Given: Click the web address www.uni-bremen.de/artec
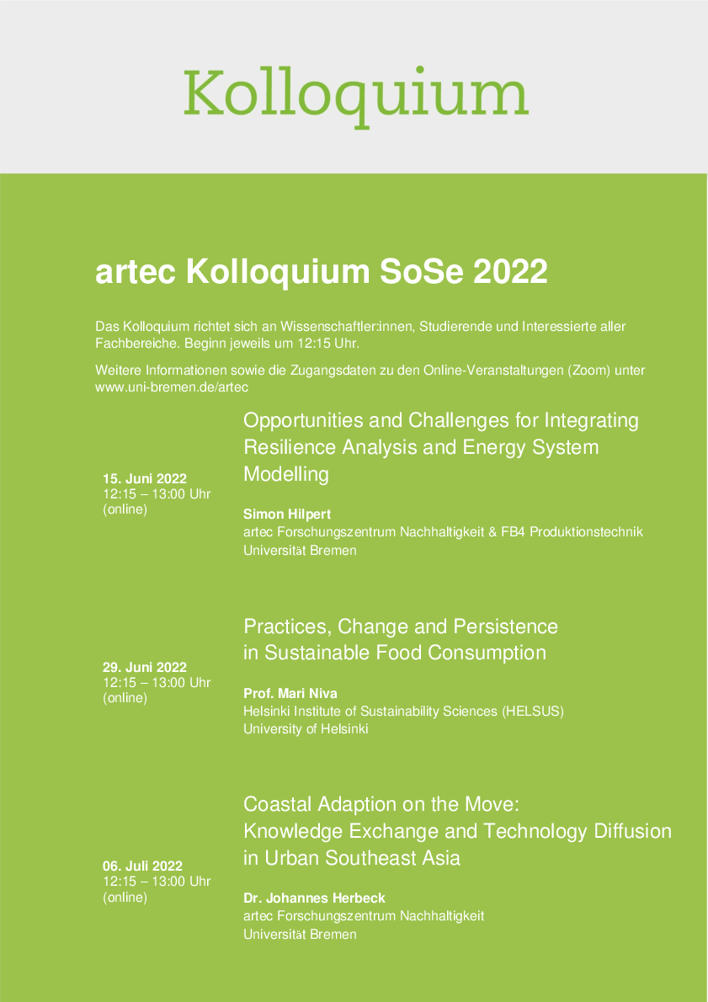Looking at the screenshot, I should (172, 386).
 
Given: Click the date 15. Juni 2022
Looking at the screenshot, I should (145, 479).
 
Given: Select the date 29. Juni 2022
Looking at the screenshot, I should (145, 668).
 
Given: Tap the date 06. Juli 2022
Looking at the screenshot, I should (142, 866).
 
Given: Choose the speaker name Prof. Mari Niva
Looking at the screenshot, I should (289, 694).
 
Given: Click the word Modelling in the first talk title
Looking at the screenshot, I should (285, 474).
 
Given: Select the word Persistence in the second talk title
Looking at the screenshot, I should (505, 626).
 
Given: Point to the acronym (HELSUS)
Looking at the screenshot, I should (533, 712).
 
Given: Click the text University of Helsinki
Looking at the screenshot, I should (306, 729).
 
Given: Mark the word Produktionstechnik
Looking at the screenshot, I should (596, 532).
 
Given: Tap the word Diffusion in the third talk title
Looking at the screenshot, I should (631, 831).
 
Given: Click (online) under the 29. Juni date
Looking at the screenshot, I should (125, 698).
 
